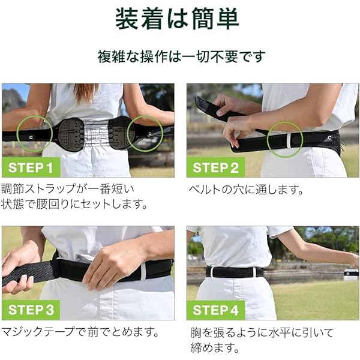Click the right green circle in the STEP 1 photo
click(x=144, y=133)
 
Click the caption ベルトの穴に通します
click(x=245, y=190)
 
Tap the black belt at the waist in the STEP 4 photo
click(x=234, y=272)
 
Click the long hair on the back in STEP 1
click(x=85, y=92)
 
